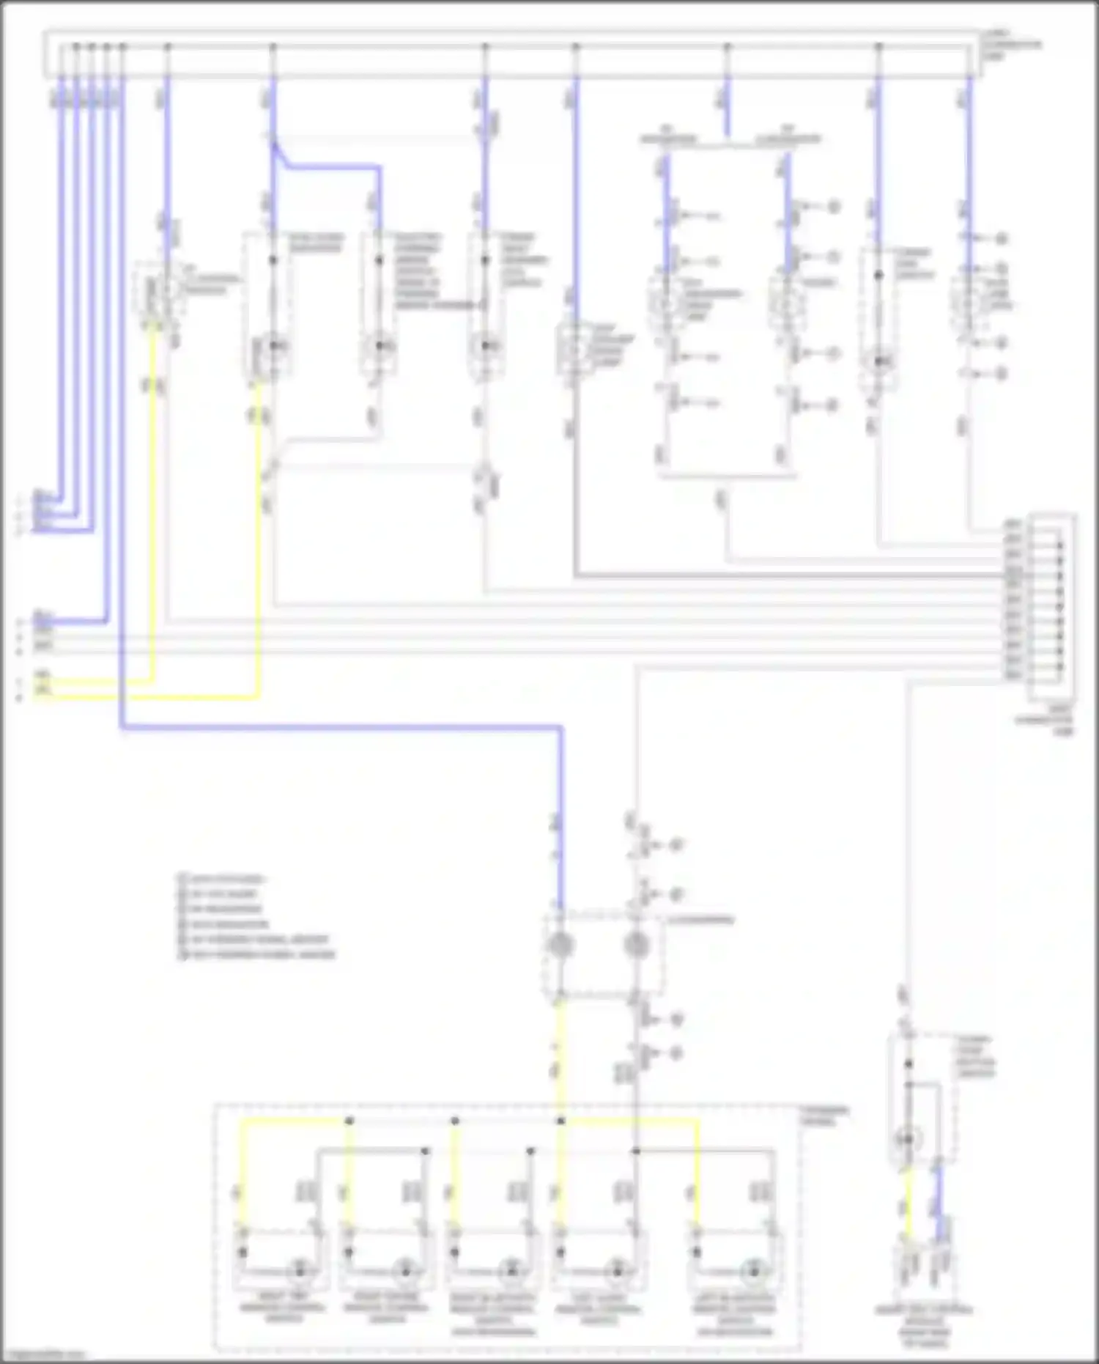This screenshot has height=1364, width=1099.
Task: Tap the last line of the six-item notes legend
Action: (256, 954)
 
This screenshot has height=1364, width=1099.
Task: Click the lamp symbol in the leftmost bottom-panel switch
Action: (299, 1270)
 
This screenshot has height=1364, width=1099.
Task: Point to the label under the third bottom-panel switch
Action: (492, 1316)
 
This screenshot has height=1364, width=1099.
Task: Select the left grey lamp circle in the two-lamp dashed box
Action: (560, 945)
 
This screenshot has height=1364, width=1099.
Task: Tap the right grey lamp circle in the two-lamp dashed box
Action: (636, 945)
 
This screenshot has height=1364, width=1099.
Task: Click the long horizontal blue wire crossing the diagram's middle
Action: (337, 728)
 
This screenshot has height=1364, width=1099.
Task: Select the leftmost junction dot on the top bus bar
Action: (75, 47)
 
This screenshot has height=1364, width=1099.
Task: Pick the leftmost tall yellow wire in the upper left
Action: (153, 506)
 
